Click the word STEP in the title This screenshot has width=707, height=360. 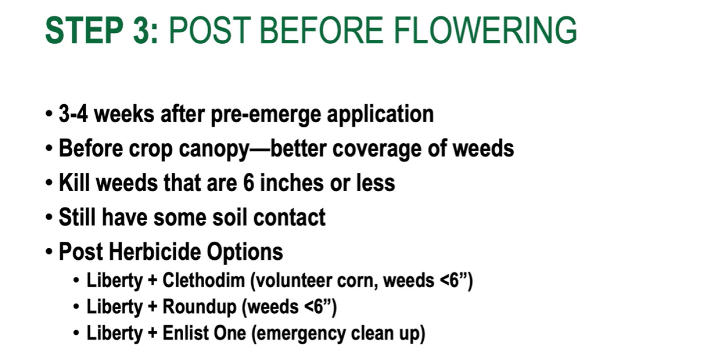[x=84, y=30]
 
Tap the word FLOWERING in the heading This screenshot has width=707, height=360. [x=486, y=30]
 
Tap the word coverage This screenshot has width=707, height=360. [x=377, y=149]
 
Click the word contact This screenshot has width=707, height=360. [x=290, y=218]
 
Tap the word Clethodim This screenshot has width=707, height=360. [x=204, y=280]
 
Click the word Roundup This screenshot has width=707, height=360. [x=199, y=307]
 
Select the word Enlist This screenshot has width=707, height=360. [x=185, y=333]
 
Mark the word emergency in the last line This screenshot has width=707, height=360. [x=299, y=334]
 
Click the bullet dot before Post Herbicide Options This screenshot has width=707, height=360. [x=49, y=252]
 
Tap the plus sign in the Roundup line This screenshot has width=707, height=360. [x=152, y=307]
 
